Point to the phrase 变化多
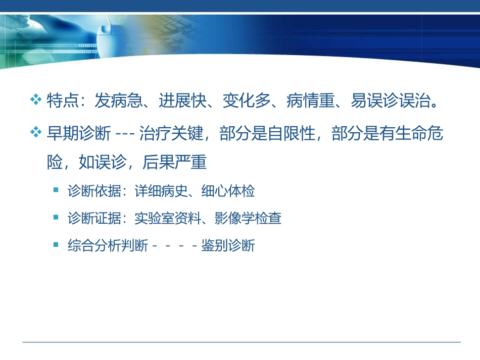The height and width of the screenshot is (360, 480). coord(246,101)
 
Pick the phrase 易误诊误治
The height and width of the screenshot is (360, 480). coord(390,101)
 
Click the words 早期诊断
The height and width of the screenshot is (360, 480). coord(78,134)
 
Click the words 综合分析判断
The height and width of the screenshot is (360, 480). coord(108,246)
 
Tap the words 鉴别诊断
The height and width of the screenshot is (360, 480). coord(228,246)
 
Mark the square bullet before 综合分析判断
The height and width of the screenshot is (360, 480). coord(56,245)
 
